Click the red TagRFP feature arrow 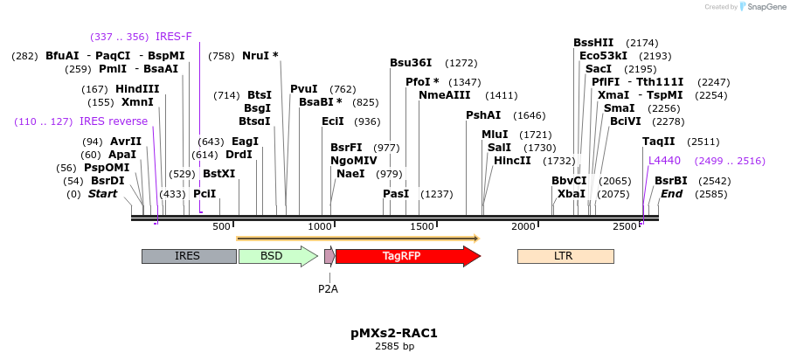tap(407, 256)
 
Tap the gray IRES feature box tap(188, 256)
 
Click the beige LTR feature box tap(565, 256)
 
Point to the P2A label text tap(328, 288)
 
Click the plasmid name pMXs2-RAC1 tap(394, 333)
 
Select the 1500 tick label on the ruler tap(422, 226)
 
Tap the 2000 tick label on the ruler tap(523, 226)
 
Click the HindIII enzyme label tap(137, 88)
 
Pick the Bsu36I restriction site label tap(411, 63)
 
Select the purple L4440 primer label tap(664, 161)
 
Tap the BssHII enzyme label tap(593, 42)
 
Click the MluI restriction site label tap(495, 135)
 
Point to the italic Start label tap(102, 194)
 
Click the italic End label tap(671, 194)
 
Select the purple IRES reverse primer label tap(114, 121)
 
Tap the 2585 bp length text tap(394, 347)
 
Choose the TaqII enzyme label tap(658, 142)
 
